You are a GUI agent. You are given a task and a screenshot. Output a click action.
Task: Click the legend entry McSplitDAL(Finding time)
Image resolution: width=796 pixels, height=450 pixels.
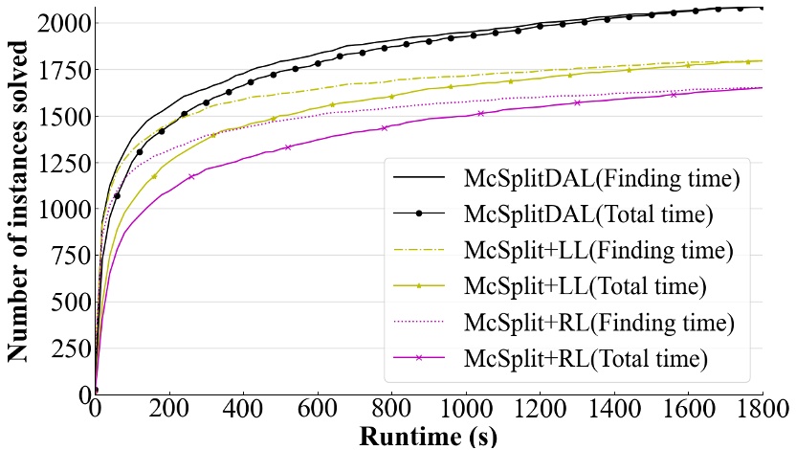[x=601, y=178]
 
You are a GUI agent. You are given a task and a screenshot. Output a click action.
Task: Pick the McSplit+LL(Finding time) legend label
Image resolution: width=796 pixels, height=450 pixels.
[x=598, y=251]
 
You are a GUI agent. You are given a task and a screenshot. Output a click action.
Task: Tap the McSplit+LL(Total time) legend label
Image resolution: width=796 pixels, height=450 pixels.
[x=585, y=286]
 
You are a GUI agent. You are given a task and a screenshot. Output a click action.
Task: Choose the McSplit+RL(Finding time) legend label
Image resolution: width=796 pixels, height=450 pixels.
[x=599, y=323]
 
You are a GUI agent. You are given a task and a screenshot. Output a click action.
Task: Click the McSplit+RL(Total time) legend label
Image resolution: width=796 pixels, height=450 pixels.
[x=586, y=359]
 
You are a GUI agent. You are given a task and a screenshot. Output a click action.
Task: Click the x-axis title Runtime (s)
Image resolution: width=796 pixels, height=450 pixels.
[x=428, y=437]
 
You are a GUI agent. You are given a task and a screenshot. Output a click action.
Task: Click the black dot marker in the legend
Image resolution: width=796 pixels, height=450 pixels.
[x=419, y=214]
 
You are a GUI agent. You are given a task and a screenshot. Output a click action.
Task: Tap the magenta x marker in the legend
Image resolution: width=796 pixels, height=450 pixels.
[x=419, y=359]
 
